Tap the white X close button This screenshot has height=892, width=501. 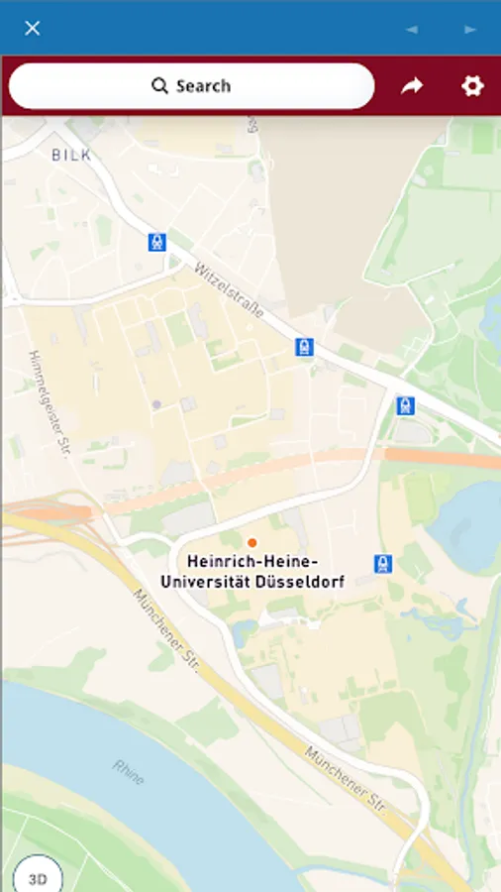point(32,28)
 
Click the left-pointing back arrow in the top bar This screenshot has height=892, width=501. point(412,29)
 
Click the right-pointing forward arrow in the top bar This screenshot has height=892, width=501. point(470,29)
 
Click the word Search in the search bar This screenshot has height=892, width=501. point(203,86)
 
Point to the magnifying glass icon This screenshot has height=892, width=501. point(159,86)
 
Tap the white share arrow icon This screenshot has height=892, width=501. point(412,86)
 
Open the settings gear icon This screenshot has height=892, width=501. point(472,86)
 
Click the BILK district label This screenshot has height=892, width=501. point(71,155)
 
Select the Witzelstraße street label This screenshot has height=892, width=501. point(229,289)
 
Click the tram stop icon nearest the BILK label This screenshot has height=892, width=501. point(156,242)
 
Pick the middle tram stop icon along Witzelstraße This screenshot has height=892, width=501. point(304,347)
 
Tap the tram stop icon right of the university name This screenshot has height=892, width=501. point(383,564)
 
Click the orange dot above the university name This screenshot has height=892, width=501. point(252,542)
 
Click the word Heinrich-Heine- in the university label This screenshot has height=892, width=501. point(252,562)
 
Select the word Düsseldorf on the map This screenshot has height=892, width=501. point(298,583)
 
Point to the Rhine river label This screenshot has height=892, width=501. point(128,772)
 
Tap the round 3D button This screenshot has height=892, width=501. point(38,878)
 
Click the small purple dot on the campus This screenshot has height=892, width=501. point(156,404)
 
